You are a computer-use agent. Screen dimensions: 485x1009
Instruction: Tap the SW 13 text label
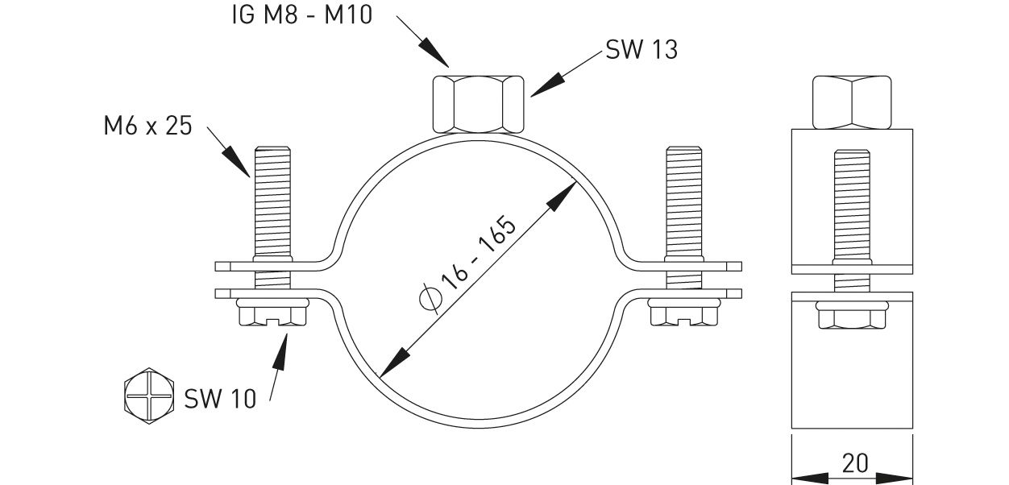642,50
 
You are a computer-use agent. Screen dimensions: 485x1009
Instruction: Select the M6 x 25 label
147,126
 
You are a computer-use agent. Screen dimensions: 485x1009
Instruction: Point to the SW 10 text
220,398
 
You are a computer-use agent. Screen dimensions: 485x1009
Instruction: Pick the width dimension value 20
853,463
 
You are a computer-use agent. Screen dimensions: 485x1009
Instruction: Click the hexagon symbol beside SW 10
149,395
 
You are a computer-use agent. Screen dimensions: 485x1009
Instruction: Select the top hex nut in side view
853,102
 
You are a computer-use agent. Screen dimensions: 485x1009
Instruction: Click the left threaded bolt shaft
272,201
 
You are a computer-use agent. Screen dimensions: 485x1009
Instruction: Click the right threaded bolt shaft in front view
683,201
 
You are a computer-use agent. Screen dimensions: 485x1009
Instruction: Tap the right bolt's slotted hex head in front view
683,314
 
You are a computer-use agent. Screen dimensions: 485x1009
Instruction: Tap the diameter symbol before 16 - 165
431,300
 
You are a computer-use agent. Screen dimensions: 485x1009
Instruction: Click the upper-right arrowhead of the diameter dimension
568,192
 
